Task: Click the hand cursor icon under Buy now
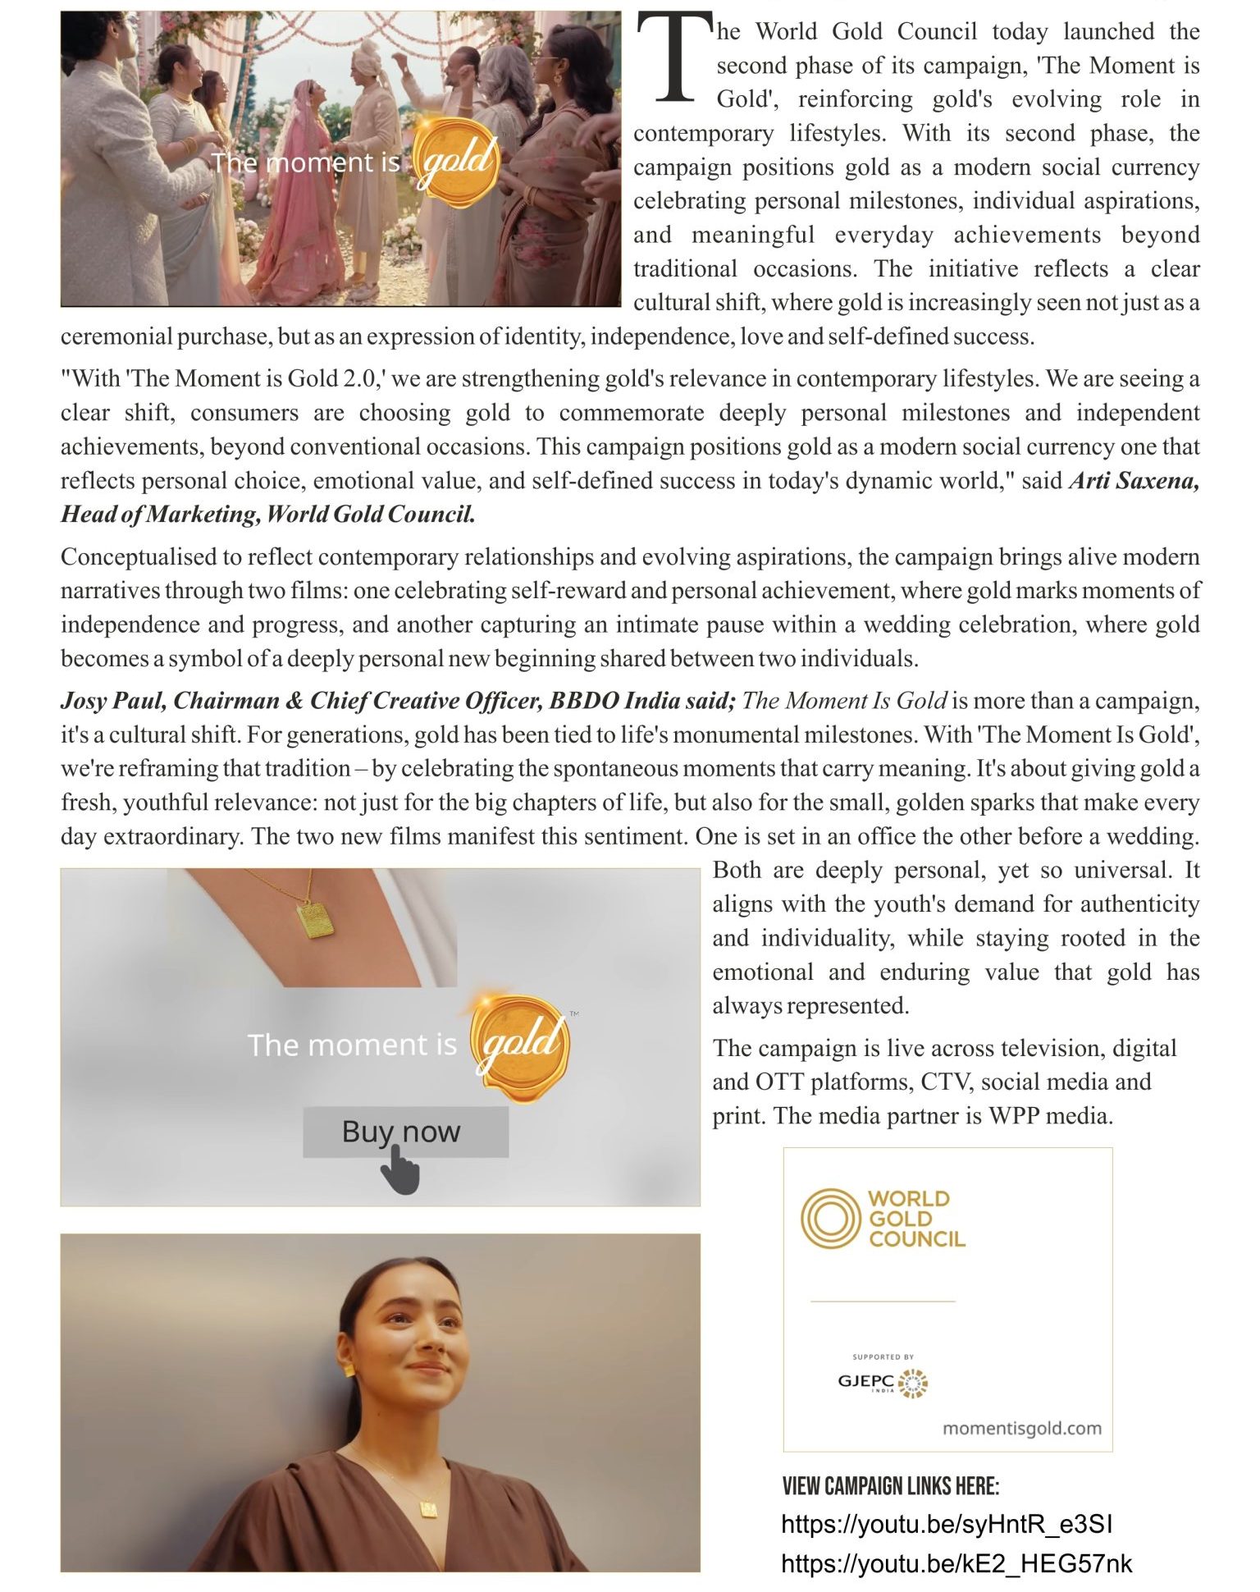[400, 1170]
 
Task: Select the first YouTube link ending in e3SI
[947, 1524]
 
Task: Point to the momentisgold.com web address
[1021, 1429]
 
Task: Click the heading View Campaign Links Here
[891, 1486]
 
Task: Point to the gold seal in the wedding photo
[456, 162]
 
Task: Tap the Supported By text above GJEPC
[883, 1356]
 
